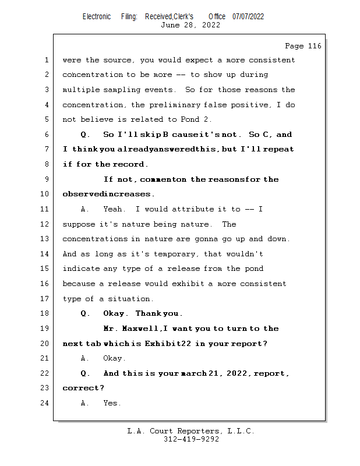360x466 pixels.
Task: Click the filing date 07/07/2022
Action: (248, 16)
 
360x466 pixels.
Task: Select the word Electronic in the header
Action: (97, 16)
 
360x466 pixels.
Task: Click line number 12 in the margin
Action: (46, 224)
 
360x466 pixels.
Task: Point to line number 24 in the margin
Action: (46, 403)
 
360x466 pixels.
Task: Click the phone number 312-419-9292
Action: (191, 439)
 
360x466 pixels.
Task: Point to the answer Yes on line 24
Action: (112, 403)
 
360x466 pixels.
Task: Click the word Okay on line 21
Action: (114, 358)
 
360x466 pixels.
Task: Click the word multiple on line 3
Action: (80, 90)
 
